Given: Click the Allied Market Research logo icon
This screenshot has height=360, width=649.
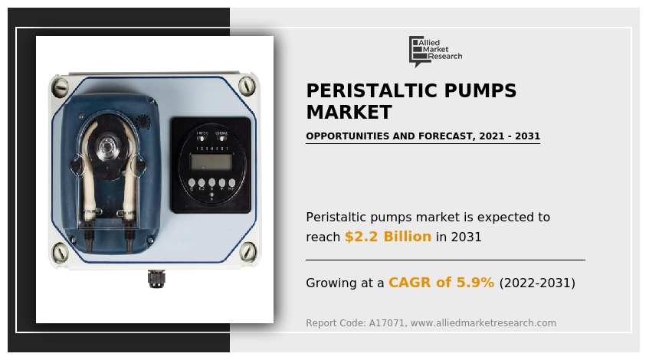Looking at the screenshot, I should click(x=417, y=51).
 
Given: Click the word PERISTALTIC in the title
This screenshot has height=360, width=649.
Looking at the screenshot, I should click(x=372, y=91).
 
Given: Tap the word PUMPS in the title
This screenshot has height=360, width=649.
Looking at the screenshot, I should click(x=481, y=91).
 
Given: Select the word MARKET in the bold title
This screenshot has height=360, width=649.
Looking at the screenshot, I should click(x=349, y=113).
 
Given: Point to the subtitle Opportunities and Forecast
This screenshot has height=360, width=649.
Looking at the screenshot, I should click(x=422, y=136).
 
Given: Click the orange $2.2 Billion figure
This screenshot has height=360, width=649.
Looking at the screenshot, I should click(x=388, y=237).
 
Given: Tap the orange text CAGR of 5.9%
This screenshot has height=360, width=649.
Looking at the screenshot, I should click(x=441, y=283).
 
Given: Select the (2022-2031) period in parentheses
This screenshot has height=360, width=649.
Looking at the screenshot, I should click(x=536, y=283).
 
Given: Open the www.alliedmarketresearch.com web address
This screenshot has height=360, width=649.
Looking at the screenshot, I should click(x=483, y=323).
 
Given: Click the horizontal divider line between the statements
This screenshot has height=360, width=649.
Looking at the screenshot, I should click(x=444, y=260).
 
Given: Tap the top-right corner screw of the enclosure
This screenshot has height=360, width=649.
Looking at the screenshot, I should click(x=247, y=85).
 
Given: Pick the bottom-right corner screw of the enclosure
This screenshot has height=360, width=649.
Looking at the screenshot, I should click(x=247, y=252).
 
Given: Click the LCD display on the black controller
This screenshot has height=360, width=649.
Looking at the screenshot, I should click(x=211, y=162).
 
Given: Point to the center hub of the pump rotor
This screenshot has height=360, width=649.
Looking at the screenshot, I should click(x=106, y=145).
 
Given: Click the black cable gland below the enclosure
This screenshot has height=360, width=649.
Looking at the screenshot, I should click(x=156, y=279).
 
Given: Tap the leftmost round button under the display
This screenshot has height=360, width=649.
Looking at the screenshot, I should click(x=192, y=183).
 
